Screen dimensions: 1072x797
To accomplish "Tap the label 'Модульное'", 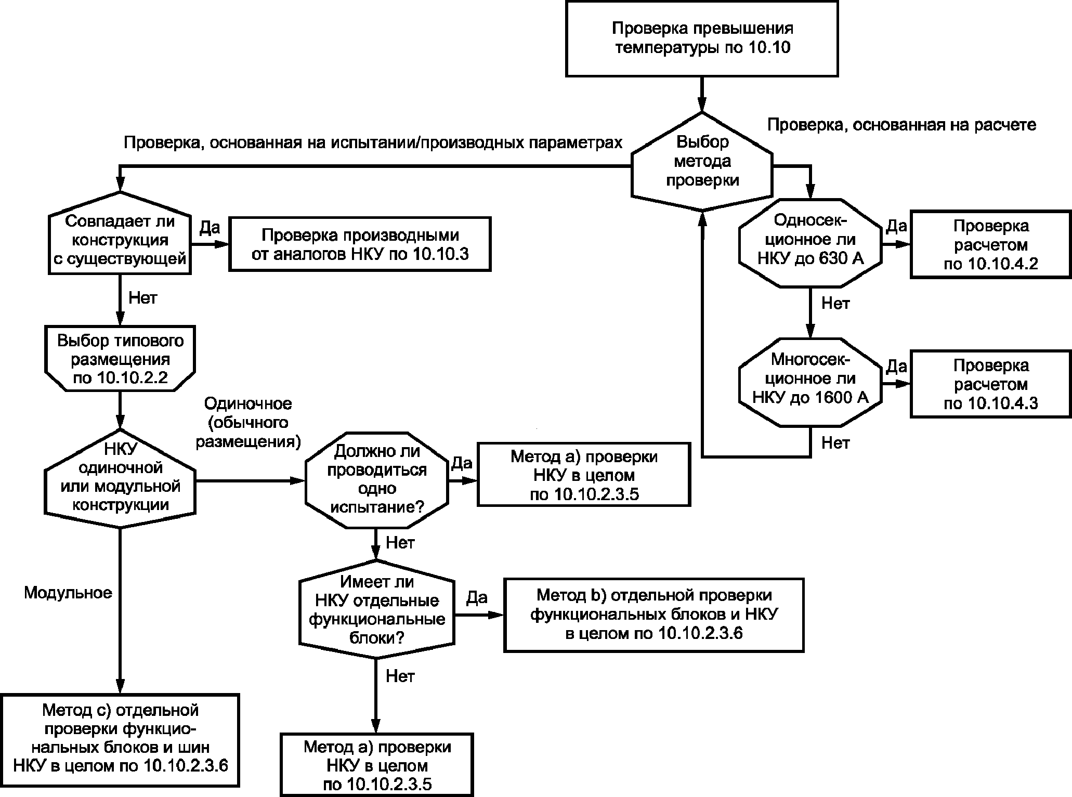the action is [68, 593].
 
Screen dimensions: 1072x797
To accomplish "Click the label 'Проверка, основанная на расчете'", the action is [901, 125].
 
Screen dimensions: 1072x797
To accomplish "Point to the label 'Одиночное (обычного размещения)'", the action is [247, 422].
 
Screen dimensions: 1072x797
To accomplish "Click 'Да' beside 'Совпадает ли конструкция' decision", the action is [210, 228].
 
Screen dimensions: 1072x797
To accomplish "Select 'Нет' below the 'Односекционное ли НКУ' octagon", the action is [835, 303].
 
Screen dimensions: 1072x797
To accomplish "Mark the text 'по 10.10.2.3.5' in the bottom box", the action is [377, 784].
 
